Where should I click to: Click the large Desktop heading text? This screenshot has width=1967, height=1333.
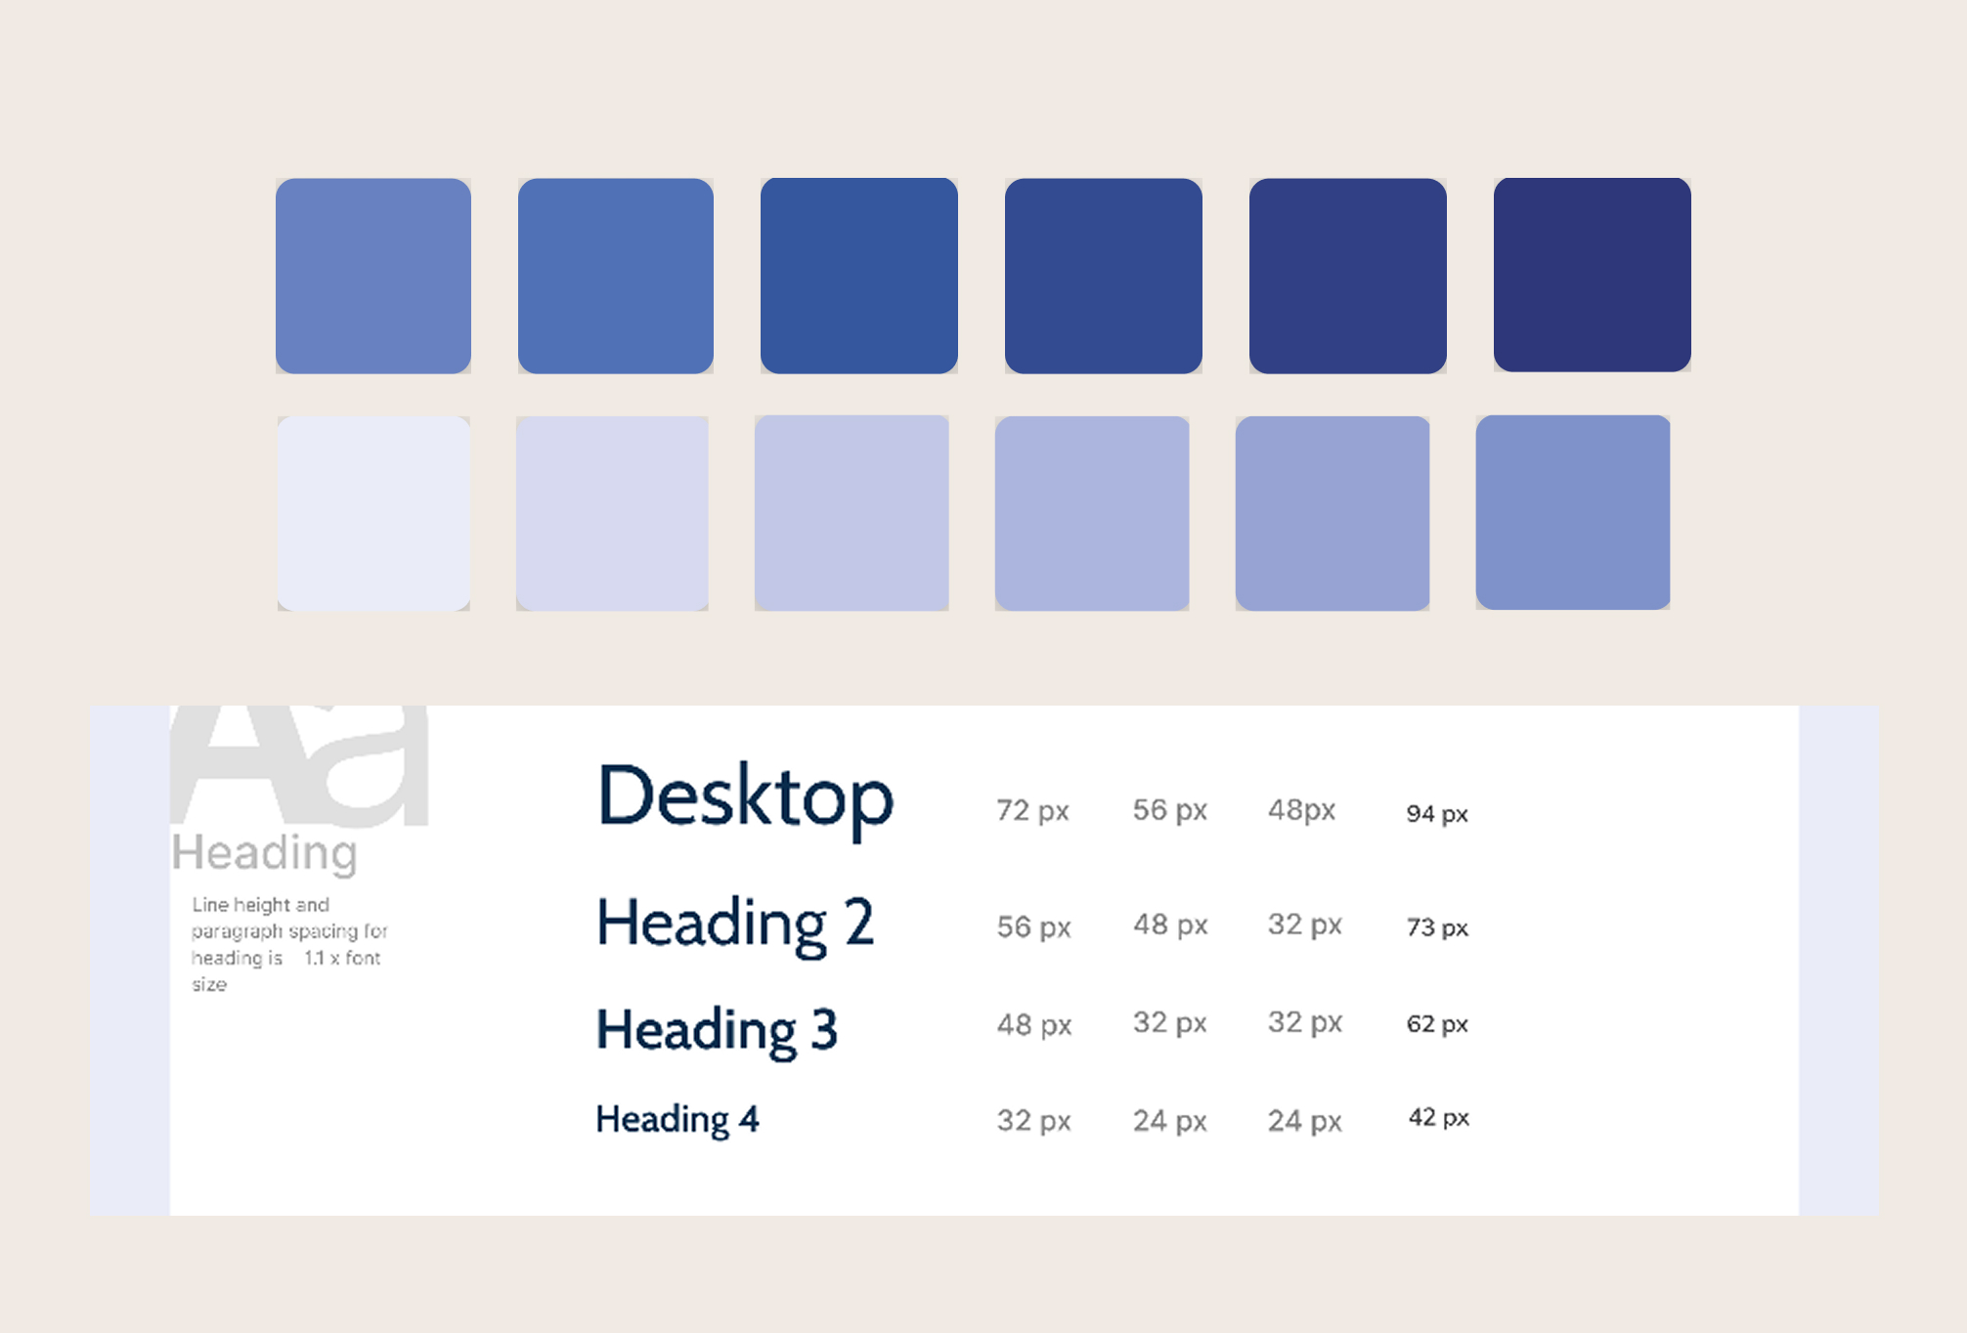745,797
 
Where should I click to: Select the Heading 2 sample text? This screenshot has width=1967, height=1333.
735,924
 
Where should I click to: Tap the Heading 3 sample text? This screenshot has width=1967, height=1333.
717,1030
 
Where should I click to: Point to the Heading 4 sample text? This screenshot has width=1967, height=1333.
677,1119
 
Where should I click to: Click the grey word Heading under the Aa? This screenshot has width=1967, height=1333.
264,852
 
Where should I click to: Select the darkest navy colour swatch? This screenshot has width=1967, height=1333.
1592,275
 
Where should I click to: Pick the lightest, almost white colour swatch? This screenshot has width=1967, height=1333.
373,513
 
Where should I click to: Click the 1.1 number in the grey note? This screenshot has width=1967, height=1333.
314,958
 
